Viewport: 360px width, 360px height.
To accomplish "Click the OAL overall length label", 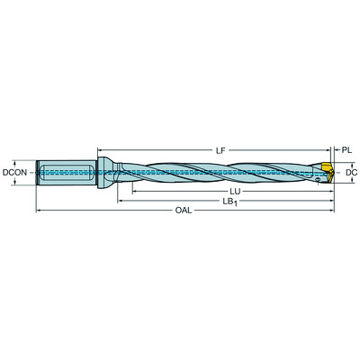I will pyautogui.click(x=184, y=213).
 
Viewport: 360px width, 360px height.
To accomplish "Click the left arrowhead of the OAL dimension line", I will pyautogui.click(x=38, y=212).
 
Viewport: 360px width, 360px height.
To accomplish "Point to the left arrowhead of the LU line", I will pyautogui.click(x=134, y=190).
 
